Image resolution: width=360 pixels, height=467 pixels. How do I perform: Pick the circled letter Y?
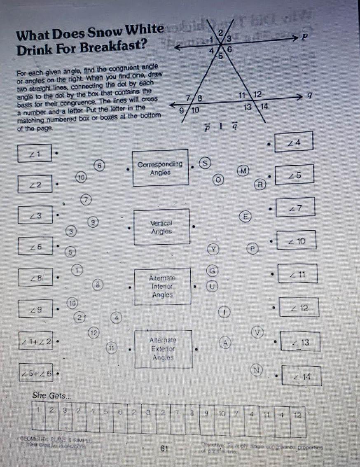[213, 249]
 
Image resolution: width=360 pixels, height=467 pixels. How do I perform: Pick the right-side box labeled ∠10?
[297, 241]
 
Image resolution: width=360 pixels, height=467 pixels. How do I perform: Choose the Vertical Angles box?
[162, 227]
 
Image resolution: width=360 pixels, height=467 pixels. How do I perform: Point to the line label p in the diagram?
[304, 37]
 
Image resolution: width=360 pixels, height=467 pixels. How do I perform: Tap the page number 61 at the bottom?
[165, 448]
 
